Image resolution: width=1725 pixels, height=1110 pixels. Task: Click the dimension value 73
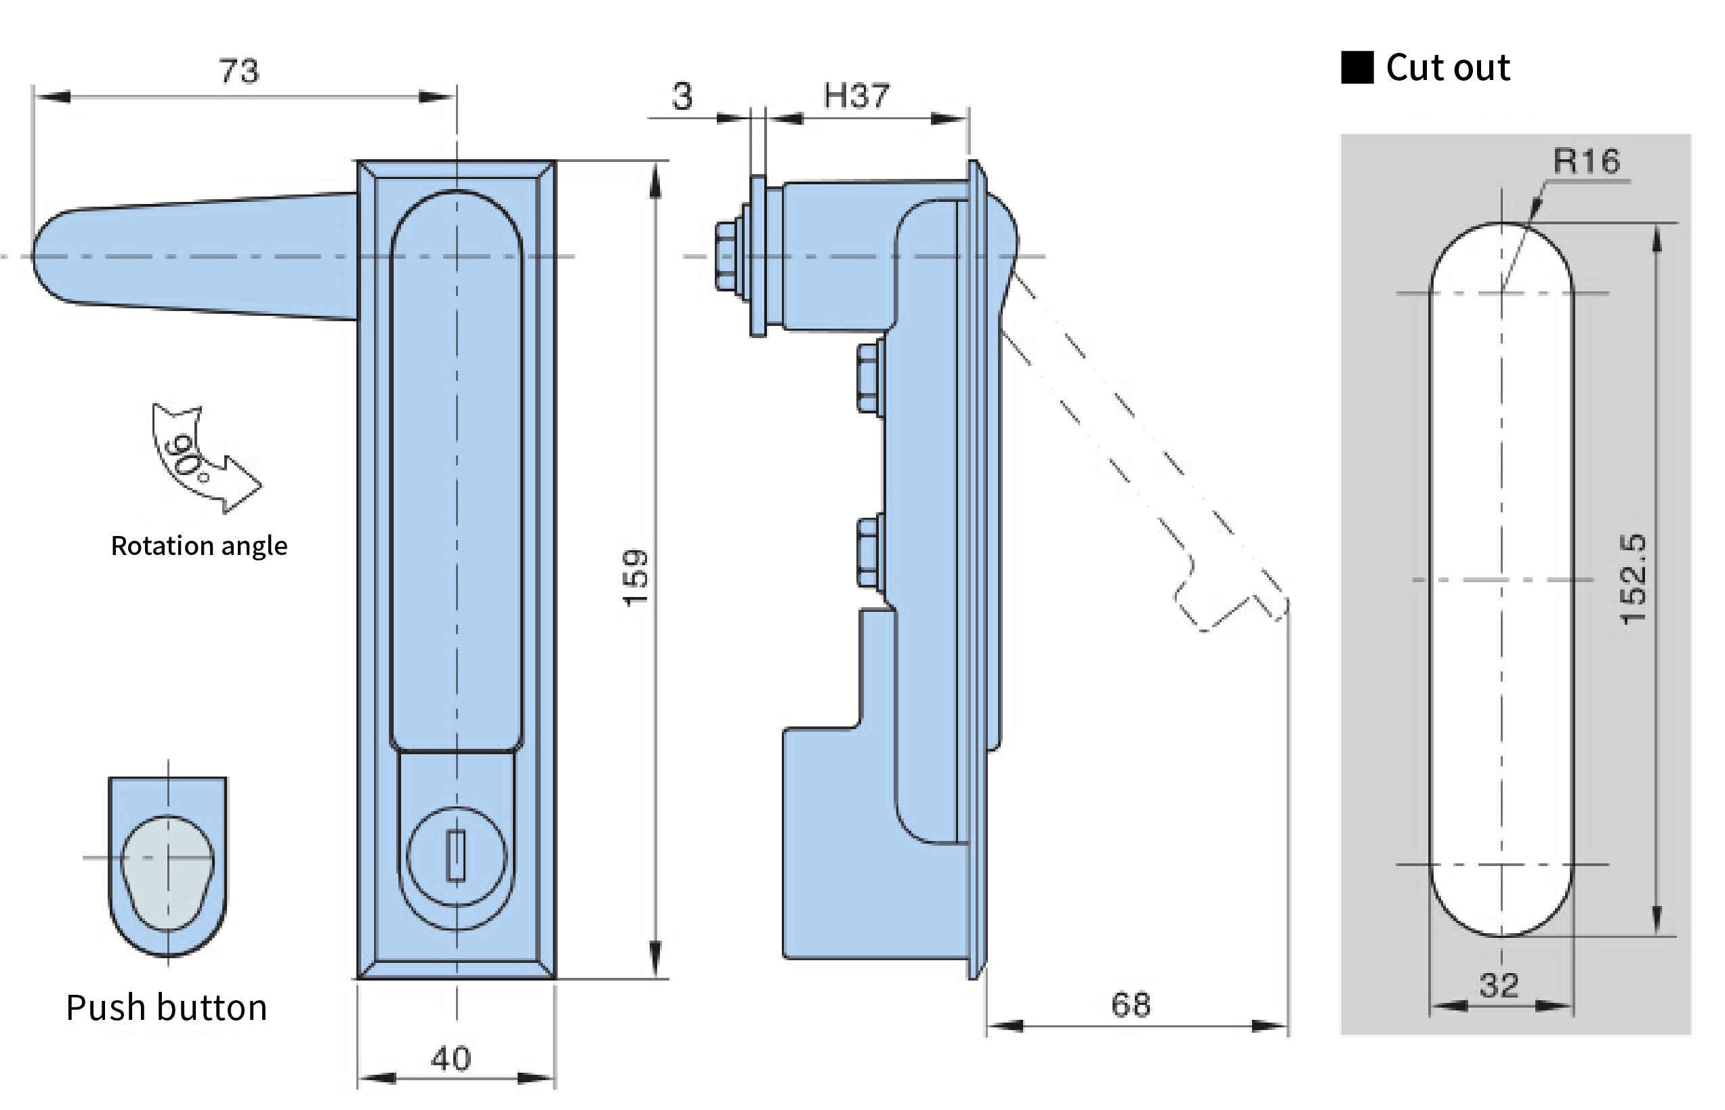click(238, 71)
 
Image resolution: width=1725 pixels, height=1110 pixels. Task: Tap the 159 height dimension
click(636, 578)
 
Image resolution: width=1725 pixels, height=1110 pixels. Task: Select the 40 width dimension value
click(451, 1058)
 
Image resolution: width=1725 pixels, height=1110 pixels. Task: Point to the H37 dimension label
click(856, 96)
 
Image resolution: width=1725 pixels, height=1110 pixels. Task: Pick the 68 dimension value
click(1131, 1005)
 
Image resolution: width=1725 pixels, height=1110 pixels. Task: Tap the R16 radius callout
click(1586, 161)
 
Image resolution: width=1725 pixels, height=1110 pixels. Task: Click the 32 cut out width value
click(1499, 985)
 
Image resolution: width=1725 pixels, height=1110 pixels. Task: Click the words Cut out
click(1448, 68)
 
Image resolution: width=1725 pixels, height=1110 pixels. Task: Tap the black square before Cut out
click(1357, 68)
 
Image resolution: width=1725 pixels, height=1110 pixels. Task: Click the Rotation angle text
click(199, 546)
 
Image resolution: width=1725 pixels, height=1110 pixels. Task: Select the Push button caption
click(167, 1008)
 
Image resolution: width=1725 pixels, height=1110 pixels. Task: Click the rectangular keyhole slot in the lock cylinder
click(456, 856)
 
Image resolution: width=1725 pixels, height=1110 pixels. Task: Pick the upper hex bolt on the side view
click(870, 378)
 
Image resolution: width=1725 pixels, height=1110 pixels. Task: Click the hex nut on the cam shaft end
click(727, 257)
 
